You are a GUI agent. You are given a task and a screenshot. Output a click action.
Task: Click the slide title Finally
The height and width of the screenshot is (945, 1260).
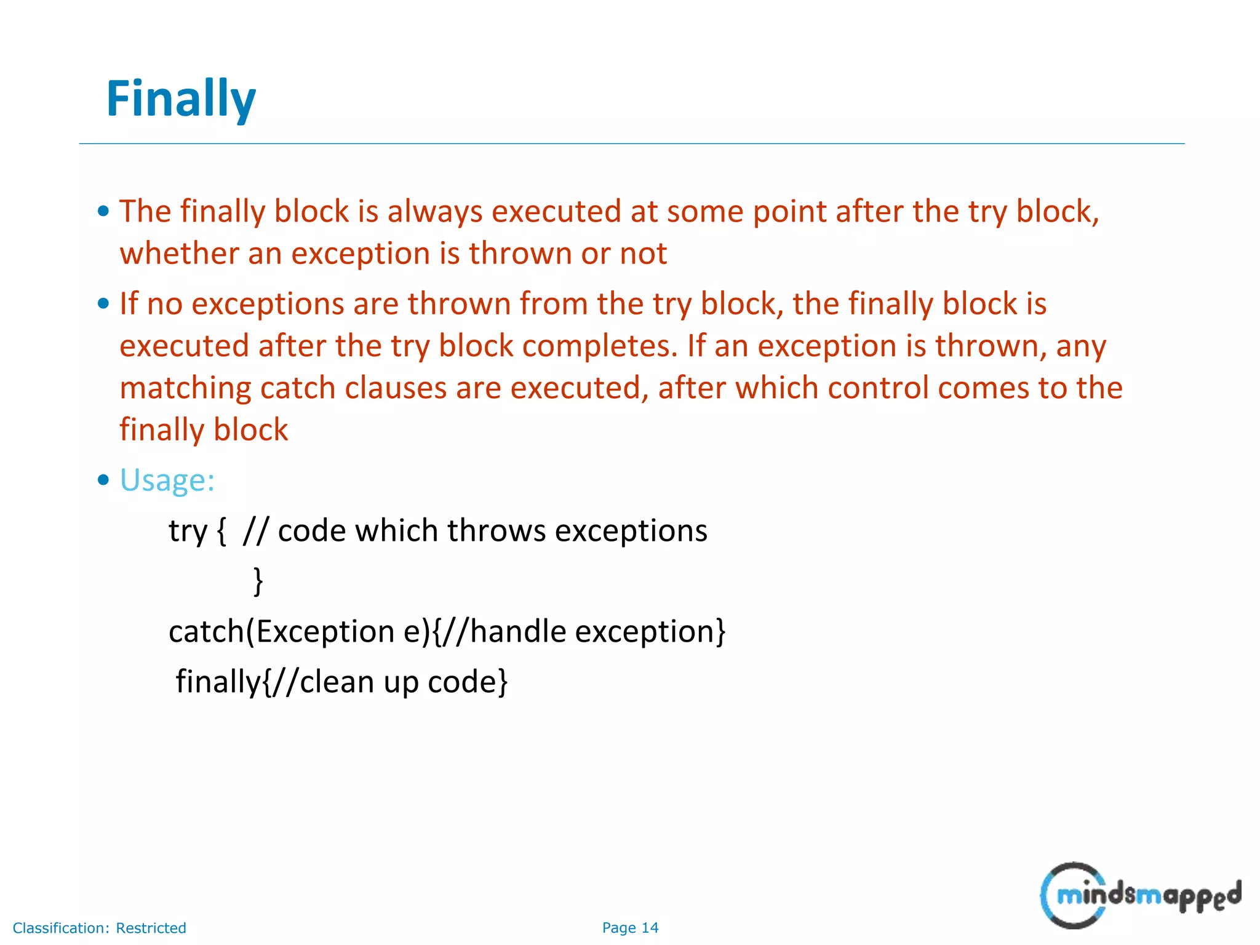pyautogui.click(x=180, y=100)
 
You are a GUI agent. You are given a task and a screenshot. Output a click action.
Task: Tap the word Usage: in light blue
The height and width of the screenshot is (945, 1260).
pyautogui.click(x=167, y=480)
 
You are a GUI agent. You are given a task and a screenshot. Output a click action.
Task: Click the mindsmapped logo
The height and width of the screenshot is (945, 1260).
pyautogui.click(x=1140, y=895)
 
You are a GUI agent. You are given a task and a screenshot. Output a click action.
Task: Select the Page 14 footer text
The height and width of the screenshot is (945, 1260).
pyautogui.click(x=630, y=928)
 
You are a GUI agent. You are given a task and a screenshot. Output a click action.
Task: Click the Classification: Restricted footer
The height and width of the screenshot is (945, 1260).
pyautogui.click(x=99, y=928)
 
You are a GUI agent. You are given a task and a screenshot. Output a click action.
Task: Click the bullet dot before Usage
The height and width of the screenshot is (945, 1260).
pyautogui.click(x=103, y=480)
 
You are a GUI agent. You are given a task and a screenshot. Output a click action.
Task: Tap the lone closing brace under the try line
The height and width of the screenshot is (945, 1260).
pyautogui.click(x=258, y=581)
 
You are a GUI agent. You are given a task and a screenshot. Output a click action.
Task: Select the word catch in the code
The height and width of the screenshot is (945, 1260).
pyautogui.click(x=206, y=632)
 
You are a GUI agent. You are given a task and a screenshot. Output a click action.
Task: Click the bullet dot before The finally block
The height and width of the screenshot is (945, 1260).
pyautogui.click(x=103, y=211)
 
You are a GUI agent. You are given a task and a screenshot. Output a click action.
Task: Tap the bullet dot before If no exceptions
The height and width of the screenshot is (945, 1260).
pyautogui.click(x=103, y=303)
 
